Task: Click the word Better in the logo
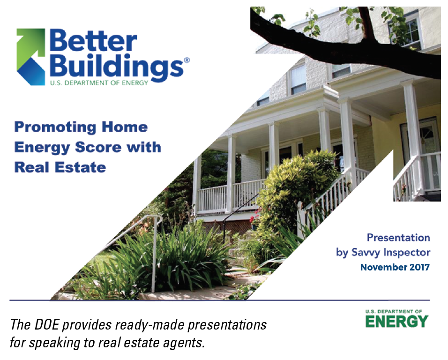[x=93, y=42]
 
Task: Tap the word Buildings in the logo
[x=117, y=67]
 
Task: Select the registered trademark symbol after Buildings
[x=187, y=60]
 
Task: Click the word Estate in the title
[x=80, y=167]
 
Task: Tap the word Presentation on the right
[x=398, y=238]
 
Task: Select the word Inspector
[x=407, y=253]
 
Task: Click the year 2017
[x=420, y=267]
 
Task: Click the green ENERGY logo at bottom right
[x=396, y=319]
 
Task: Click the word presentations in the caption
[x=227, y=325]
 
